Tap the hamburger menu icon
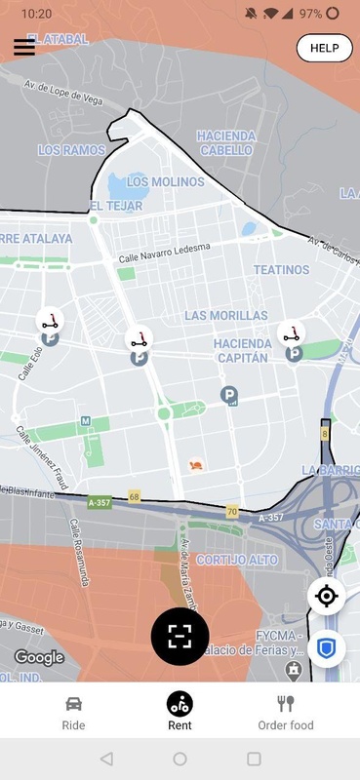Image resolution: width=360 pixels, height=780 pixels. [x=24, y=48]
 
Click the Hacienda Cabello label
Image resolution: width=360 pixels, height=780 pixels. [x=226, y=143]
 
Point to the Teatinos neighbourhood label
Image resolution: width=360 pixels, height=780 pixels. [x=281, y=270]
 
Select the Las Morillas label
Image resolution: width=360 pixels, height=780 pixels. [x=225, y=316]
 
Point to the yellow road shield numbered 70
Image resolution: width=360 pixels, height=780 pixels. [x=232, y=510]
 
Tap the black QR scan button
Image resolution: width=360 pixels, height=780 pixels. [x=180, y=636]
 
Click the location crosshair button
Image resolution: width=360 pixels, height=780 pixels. [x=327, y=596]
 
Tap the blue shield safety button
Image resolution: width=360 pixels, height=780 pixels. [x=327, y=646]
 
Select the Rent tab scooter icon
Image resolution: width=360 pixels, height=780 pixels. [x=180, y=702]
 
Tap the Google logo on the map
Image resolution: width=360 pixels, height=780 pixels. [x=39, y=657]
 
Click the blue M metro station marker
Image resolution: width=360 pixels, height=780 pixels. [x=86, y=421]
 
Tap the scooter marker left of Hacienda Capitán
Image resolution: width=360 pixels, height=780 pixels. [x=140, y=340]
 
